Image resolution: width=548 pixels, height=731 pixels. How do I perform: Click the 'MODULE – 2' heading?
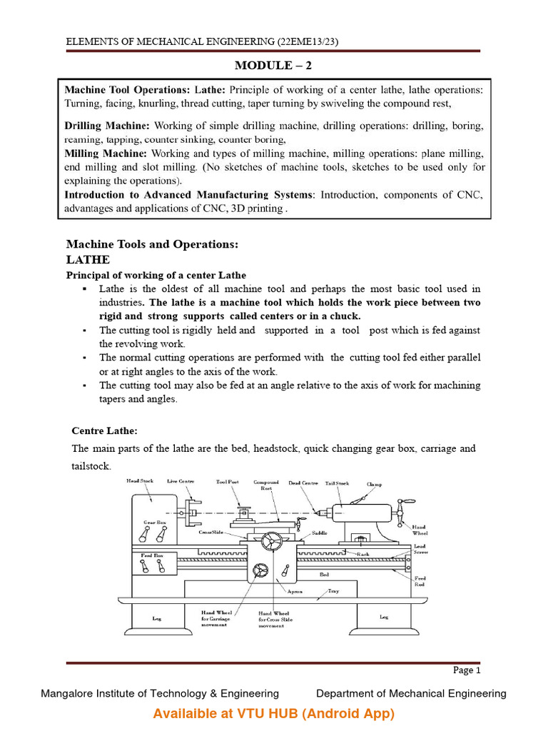point(274,66)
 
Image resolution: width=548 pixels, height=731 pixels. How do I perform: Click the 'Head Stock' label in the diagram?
point(140,481)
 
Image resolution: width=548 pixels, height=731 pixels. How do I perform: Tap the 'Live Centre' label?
point(181,482)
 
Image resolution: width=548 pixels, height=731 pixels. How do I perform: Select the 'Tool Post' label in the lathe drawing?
point(228,482)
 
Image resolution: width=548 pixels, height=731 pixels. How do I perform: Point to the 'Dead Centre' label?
point(304,483)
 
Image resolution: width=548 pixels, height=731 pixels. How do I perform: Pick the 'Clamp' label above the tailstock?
point(375,484)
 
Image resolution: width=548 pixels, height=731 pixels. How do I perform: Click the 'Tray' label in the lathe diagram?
point(333,592)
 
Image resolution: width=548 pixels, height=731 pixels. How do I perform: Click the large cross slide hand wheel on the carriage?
point(271,542)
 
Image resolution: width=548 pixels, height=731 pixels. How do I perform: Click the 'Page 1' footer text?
point(467,670)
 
